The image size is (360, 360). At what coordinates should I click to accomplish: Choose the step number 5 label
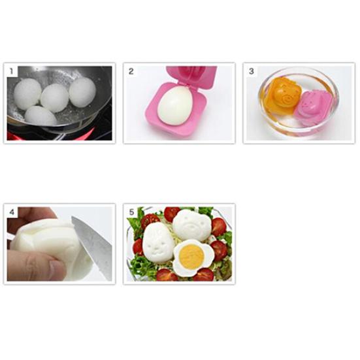131,212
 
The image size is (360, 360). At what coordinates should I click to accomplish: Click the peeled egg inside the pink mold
174,106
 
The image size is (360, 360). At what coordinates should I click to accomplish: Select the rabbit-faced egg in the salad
157,243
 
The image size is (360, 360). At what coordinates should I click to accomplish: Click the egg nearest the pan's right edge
82,92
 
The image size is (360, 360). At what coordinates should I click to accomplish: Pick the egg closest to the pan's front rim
40,116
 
